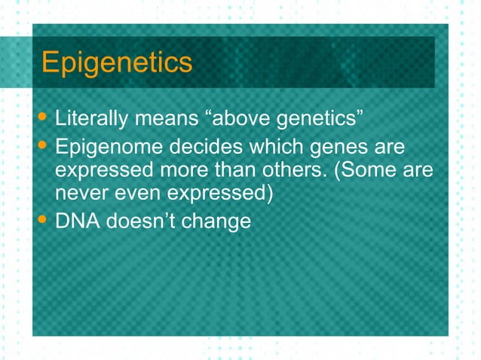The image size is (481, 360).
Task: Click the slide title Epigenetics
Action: point(117,63)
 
